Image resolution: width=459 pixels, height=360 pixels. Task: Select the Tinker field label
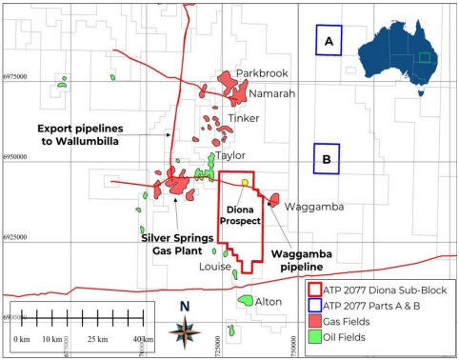tap(244, 119)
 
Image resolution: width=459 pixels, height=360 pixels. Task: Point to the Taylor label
tap(231, 155)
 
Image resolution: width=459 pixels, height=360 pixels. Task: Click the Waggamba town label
tap(307, 206)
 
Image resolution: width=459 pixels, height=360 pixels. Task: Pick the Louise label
tap(215, 268)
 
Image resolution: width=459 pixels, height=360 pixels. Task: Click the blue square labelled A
tap(329, 41)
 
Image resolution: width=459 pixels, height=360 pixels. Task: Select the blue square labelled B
tap(327, 159)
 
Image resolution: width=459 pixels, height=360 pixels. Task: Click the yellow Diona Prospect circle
tap(246, 184)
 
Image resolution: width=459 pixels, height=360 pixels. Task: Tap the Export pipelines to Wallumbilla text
tap(80, 133)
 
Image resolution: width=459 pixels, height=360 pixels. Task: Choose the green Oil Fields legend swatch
tap(315, 338)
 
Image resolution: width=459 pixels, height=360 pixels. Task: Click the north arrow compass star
tap(185, 331)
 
